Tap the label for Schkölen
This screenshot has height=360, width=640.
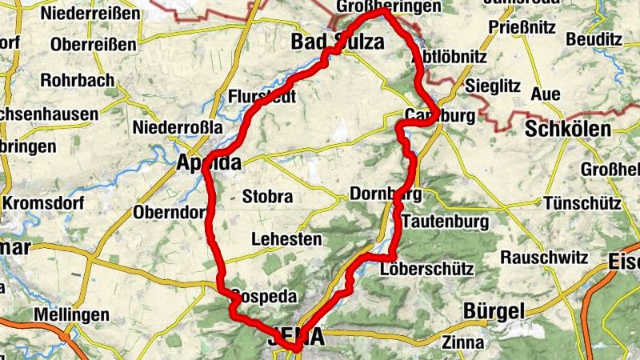coord(568,129)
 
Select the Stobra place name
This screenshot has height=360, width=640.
coord(268,196)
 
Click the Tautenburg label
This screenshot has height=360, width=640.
coord(444,220)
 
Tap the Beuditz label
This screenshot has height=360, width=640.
coord(594,38)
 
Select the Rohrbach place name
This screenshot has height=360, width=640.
coord(79,81)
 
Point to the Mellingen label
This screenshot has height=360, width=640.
coord(71,314)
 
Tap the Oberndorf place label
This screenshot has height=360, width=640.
coord(170,214)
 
